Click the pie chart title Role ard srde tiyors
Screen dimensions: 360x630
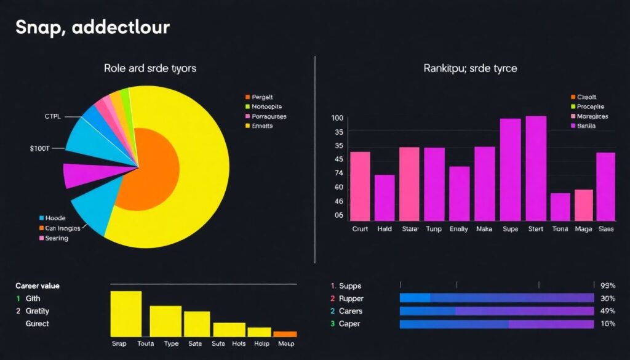[x=150, y=68]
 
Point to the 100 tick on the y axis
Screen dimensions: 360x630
[x=337, y=118]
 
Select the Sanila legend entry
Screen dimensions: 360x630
[x=588, y=126]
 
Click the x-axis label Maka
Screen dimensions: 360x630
[x=485, y=229]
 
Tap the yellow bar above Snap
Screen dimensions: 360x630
[x=126, y=314]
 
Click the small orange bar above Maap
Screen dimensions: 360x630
[x=285, y=334]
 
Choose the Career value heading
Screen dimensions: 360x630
[x=38, y=286]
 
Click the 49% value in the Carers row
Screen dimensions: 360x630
[x=607, y=311]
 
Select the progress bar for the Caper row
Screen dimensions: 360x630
[x=496, y=324]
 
